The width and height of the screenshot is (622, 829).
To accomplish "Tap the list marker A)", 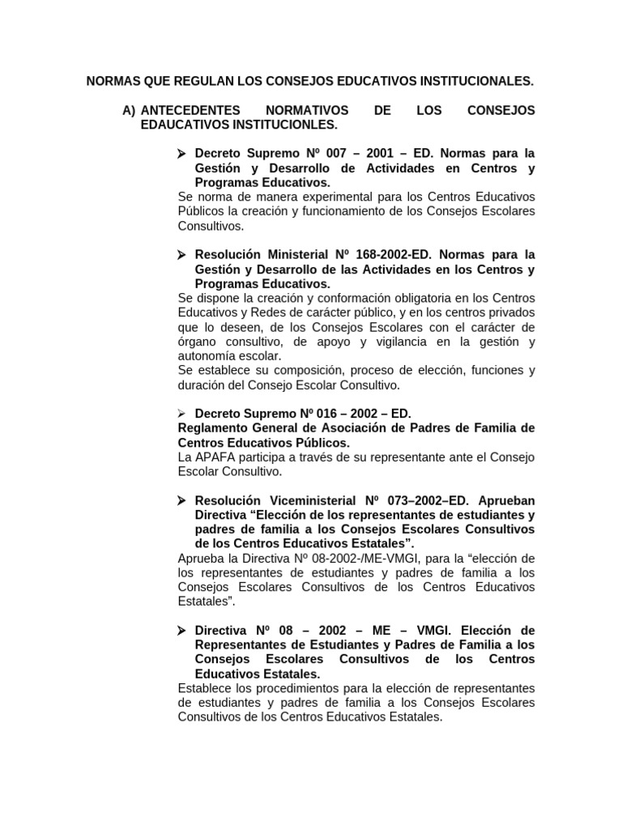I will click(128, 110).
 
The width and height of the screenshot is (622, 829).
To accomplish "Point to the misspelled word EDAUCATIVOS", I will click(180, 125).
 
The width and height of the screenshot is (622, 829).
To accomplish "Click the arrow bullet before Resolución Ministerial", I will click(182, 254).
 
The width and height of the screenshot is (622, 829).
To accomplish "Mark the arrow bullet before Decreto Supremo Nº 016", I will click(182, 413).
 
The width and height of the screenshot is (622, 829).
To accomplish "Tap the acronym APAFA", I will click(216, 457).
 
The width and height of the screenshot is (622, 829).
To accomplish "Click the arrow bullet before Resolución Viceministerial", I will click(182, 500).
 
